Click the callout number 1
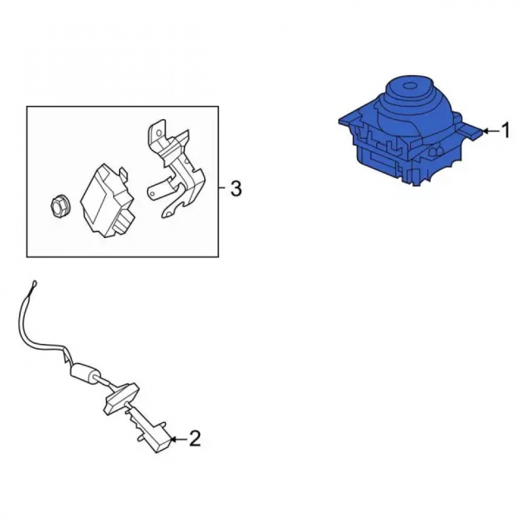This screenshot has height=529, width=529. (x=505, y=131)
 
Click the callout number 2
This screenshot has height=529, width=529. (x=195, y=439)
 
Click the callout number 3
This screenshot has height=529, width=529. (x=236, y=189)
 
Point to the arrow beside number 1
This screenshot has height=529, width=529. (x=490, y=131)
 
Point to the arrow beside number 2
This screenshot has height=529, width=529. (x=179, y=439)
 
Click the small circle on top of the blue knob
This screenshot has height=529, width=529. (x=411, y=86)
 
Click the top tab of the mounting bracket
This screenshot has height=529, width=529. (x=157, y=130)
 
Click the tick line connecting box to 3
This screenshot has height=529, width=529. (x=223, y=187)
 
